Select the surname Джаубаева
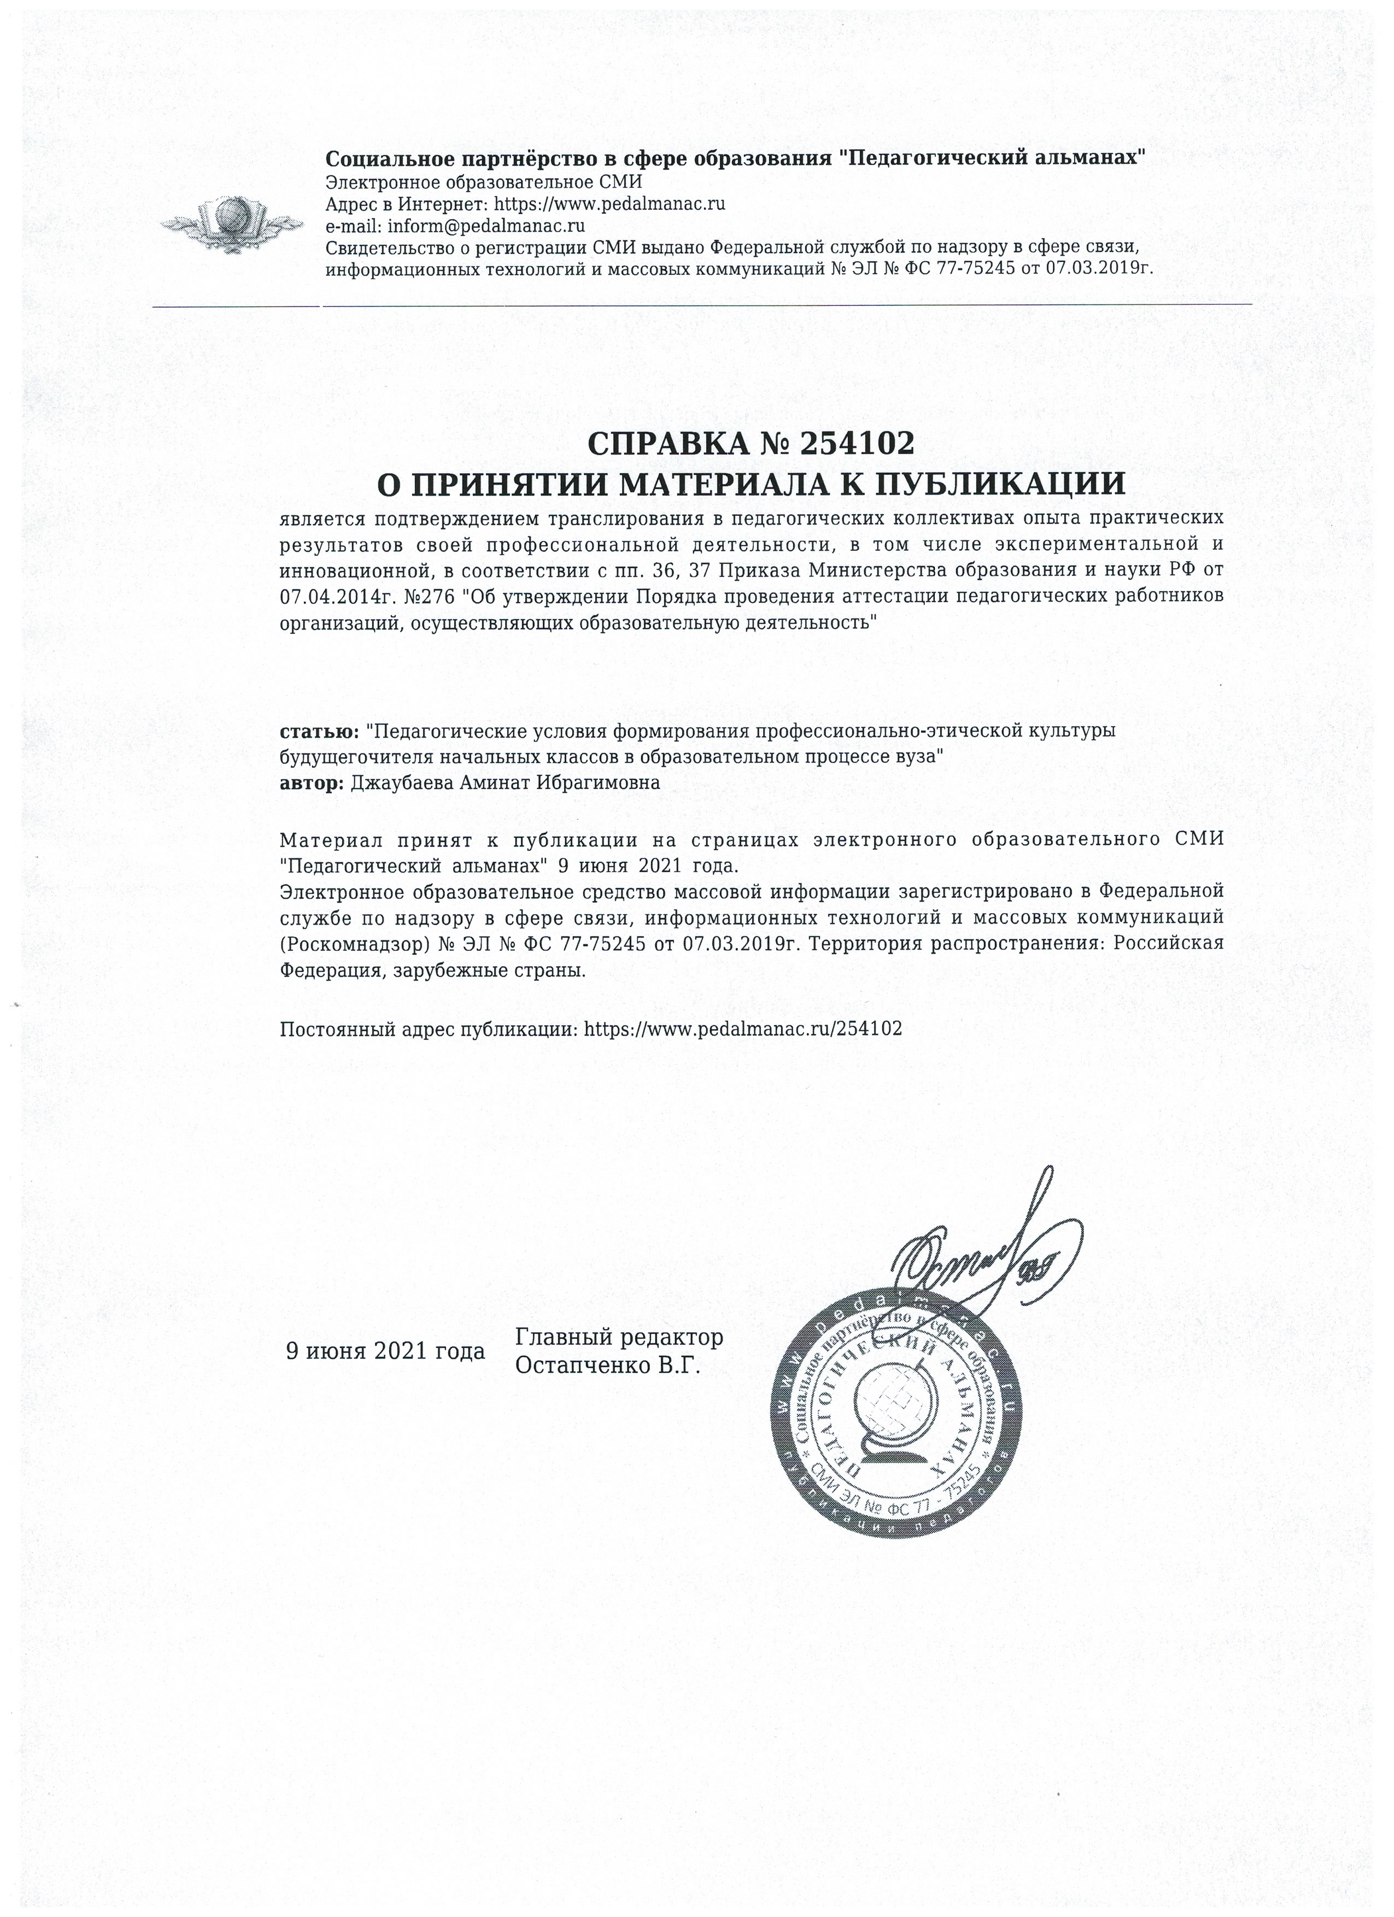pyautogui.click(x=403, y=783)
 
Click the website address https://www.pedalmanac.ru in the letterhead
pyautogui.click(x=610, y=204)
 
